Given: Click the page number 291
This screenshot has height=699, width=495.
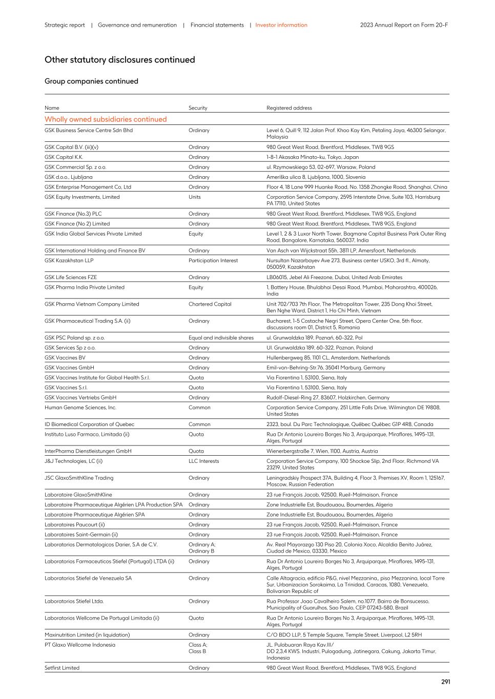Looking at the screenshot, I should pyautogui.click(x=445, y=682).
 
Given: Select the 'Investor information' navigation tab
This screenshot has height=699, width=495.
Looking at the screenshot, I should pyautogui.click(x=281, y=25).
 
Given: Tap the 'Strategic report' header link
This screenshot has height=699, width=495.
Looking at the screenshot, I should pyautogui.click(x=65, y=25).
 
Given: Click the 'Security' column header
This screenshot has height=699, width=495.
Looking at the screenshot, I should pyautogui.click(x=198, y=108).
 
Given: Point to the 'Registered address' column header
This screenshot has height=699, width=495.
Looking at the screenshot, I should pyautogui.click(x=289, y=108).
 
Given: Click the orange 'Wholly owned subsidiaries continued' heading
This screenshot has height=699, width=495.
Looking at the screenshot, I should pyautogui.click(x=106, y=119).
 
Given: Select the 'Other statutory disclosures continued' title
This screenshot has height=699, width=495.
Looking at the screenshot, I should pyautogui.click(x=119, y=60).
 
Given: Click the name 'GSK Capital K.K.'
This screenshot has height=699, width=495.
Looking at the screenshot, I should pyautogui.click(x=64, y=157).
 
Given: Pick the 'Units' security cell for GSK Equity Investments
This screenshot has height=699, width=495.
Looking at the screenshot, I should pyautogui.click(x=195, y=197).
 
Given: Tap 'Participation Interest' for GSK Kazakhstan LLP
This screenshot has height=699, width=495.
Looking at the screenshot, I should pyautogui.click(x=213, y=261).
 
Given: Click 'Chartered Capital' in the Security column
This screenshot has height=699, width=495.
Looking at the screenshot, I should pyautogui.click(x=210, y=304).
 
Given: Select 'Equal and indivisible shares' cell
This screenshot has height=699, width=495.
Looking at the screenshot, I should pyautogui.click(x=221, y=338).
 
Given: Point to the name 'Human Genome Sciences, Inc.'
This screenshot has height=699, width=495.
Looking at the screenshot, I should pyautogui.click(x=80, y=408).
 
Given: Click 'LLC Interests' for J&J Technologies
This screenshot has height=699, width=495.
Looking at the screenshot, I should pyautogui.click(x=203, y=461).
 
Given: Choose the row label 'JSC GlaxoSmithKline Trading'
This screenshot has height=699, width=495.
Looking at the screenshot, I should pyautogui.click(x=79, y=478).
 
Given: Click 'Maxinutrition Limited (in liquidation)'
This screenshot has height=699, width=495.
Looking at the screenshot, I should pyautogui.click(x=87, y=635).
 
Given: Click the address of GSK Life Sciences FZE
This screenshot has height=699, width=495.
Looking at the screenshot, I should pyautogui.click(x=334, y=278).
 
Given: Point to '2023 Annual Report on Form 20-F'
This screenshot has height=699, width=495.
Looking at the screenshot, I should pyautogui.click(x=404, y=25).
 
